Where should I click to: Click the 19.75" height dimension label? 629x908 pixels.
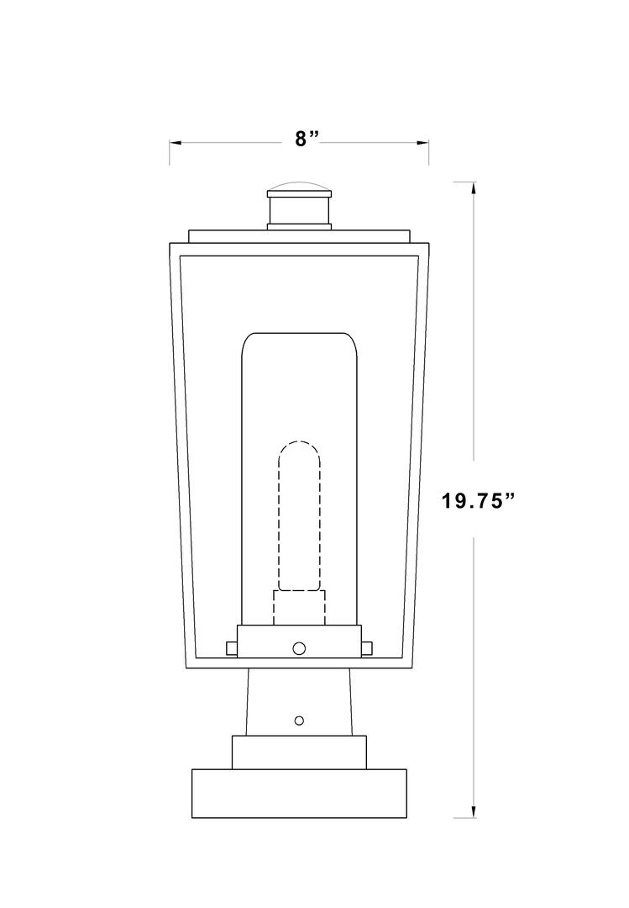477,501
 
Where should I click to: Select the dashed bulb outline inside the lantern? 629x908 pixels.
299,513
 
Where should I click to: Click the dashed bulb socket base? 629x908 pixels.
299,607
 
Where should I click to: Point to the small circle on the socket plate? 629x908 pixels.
299,647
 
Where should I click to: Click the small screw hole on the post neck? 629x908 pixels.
299,721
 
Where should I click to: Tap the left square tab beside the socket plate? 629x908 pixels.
231,647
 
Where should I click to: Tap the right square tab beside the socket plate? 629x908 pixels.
366,647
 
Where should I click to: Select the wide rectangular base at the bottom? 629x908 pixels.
299,793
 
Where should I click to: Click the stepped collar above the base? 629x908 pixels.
299,751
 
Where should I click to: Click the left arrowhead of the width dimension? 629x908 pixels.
175,143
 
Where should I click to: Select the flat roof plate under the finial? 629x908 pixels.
299,236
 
